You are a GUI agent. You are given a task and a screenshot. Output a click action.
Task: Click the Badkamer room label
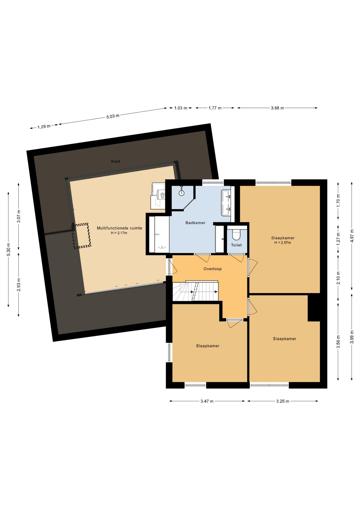195,223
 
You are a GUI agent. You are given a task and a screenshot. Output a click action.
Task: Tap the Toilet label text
236,245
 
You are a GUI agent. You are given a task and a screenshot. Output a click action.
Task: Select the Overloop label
212,269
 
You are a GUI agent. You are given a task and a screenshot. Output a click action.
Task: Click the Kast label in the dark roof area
116,161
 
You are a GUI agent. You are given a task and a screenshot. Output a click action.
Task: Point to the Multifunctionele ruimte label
119,228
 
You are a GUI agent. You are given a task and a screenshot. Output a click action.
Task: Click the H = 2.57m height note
283,243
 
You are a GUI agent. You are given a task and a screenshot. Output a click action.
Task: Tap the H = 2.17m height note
119,233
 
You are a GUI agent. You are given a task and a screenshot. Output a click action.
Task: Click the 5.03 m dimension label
113,116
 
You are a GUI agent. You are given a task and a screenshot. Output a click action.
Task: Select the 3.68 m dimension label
277,108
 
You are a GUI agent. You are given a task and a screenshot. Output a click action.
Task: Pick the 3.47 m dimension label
207,401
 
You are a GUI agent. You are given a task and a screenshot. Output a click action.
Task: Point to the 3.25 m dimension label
283,401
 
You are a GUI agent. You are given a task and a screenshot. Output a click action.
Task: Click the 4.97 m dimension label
352,236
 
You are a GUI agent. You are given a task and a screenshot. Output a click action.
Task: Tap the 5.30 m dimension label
8,249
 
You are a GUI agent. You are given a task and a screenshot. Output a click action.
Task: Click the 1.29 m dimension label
44,127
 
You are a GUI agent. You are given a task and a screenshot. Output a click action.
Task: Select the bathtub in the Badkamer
159,235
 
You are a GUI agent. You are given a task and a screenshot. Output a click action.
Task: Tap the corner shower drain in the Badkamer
182,193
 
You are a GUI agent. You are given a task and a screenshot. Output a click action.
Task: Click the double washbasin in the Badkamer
226,203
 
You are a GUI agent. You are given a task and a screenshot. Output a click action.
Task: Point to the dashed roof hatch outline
82,236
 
